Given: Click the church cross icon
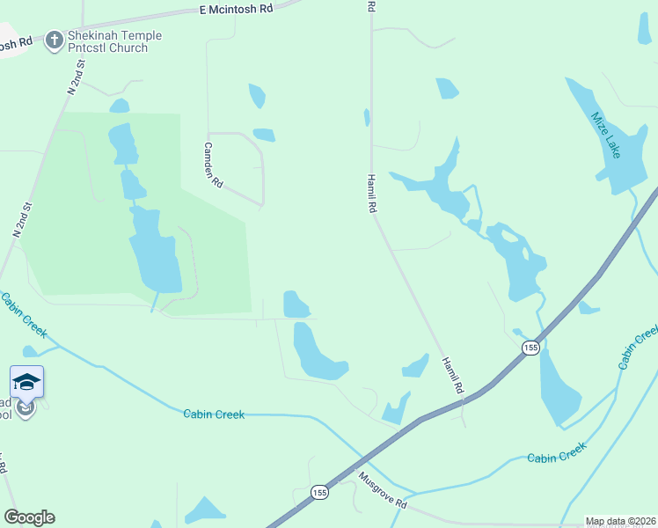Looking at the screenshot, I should (x=55, y=40).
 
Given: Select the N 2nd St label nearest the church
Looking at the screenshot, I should (x=76, y=77).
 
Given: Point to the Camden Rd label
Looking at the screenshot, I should (x=214, y=165).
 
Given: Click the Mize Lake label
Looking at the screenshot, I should (x=606, y=135).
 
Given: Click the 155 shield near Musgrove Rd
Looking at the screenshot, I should (x=318, y=494).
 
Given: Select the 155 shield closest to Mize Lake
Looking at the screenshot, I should (x=530, y=348).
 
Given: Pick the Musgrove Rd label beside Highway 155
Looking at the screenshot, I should (x=383, y=491).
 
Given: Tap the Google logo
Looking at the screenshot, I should (x=29, y=517).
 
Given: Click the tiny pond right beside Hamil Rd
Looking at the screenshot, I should (x=366, y=117).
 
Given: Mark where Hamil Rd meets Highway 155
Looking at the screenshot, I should (x=464, y=402).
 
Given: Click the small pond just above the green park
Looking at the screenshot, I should (x=120, y=106).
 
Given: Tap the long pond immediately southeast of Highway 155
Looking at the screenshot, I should (x=558, y=387).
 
